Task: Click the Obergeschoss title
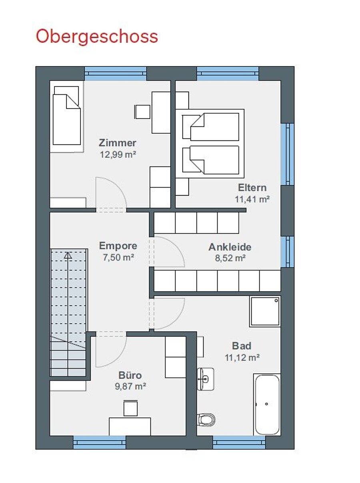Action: (x=97, y=37)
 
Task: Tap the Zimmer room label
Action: (x=118, y=143)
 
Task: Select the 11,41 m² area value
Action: (x=252, y=199)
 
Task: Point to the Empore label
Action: (x=118, y=246)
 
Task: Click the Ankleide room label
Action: (x=230, y=247)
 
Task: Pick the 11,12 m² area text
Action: (x=242, y=358)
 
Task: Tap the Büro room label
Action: (x=130, y=375)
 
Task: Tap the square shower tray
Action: (x=265, y=311)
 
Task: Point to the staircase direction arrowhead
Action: (x=68, y=255)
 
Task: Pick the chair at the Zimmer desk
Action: (x=142, y=112)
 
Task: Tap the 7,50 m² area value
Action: (x=118, y=257)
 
